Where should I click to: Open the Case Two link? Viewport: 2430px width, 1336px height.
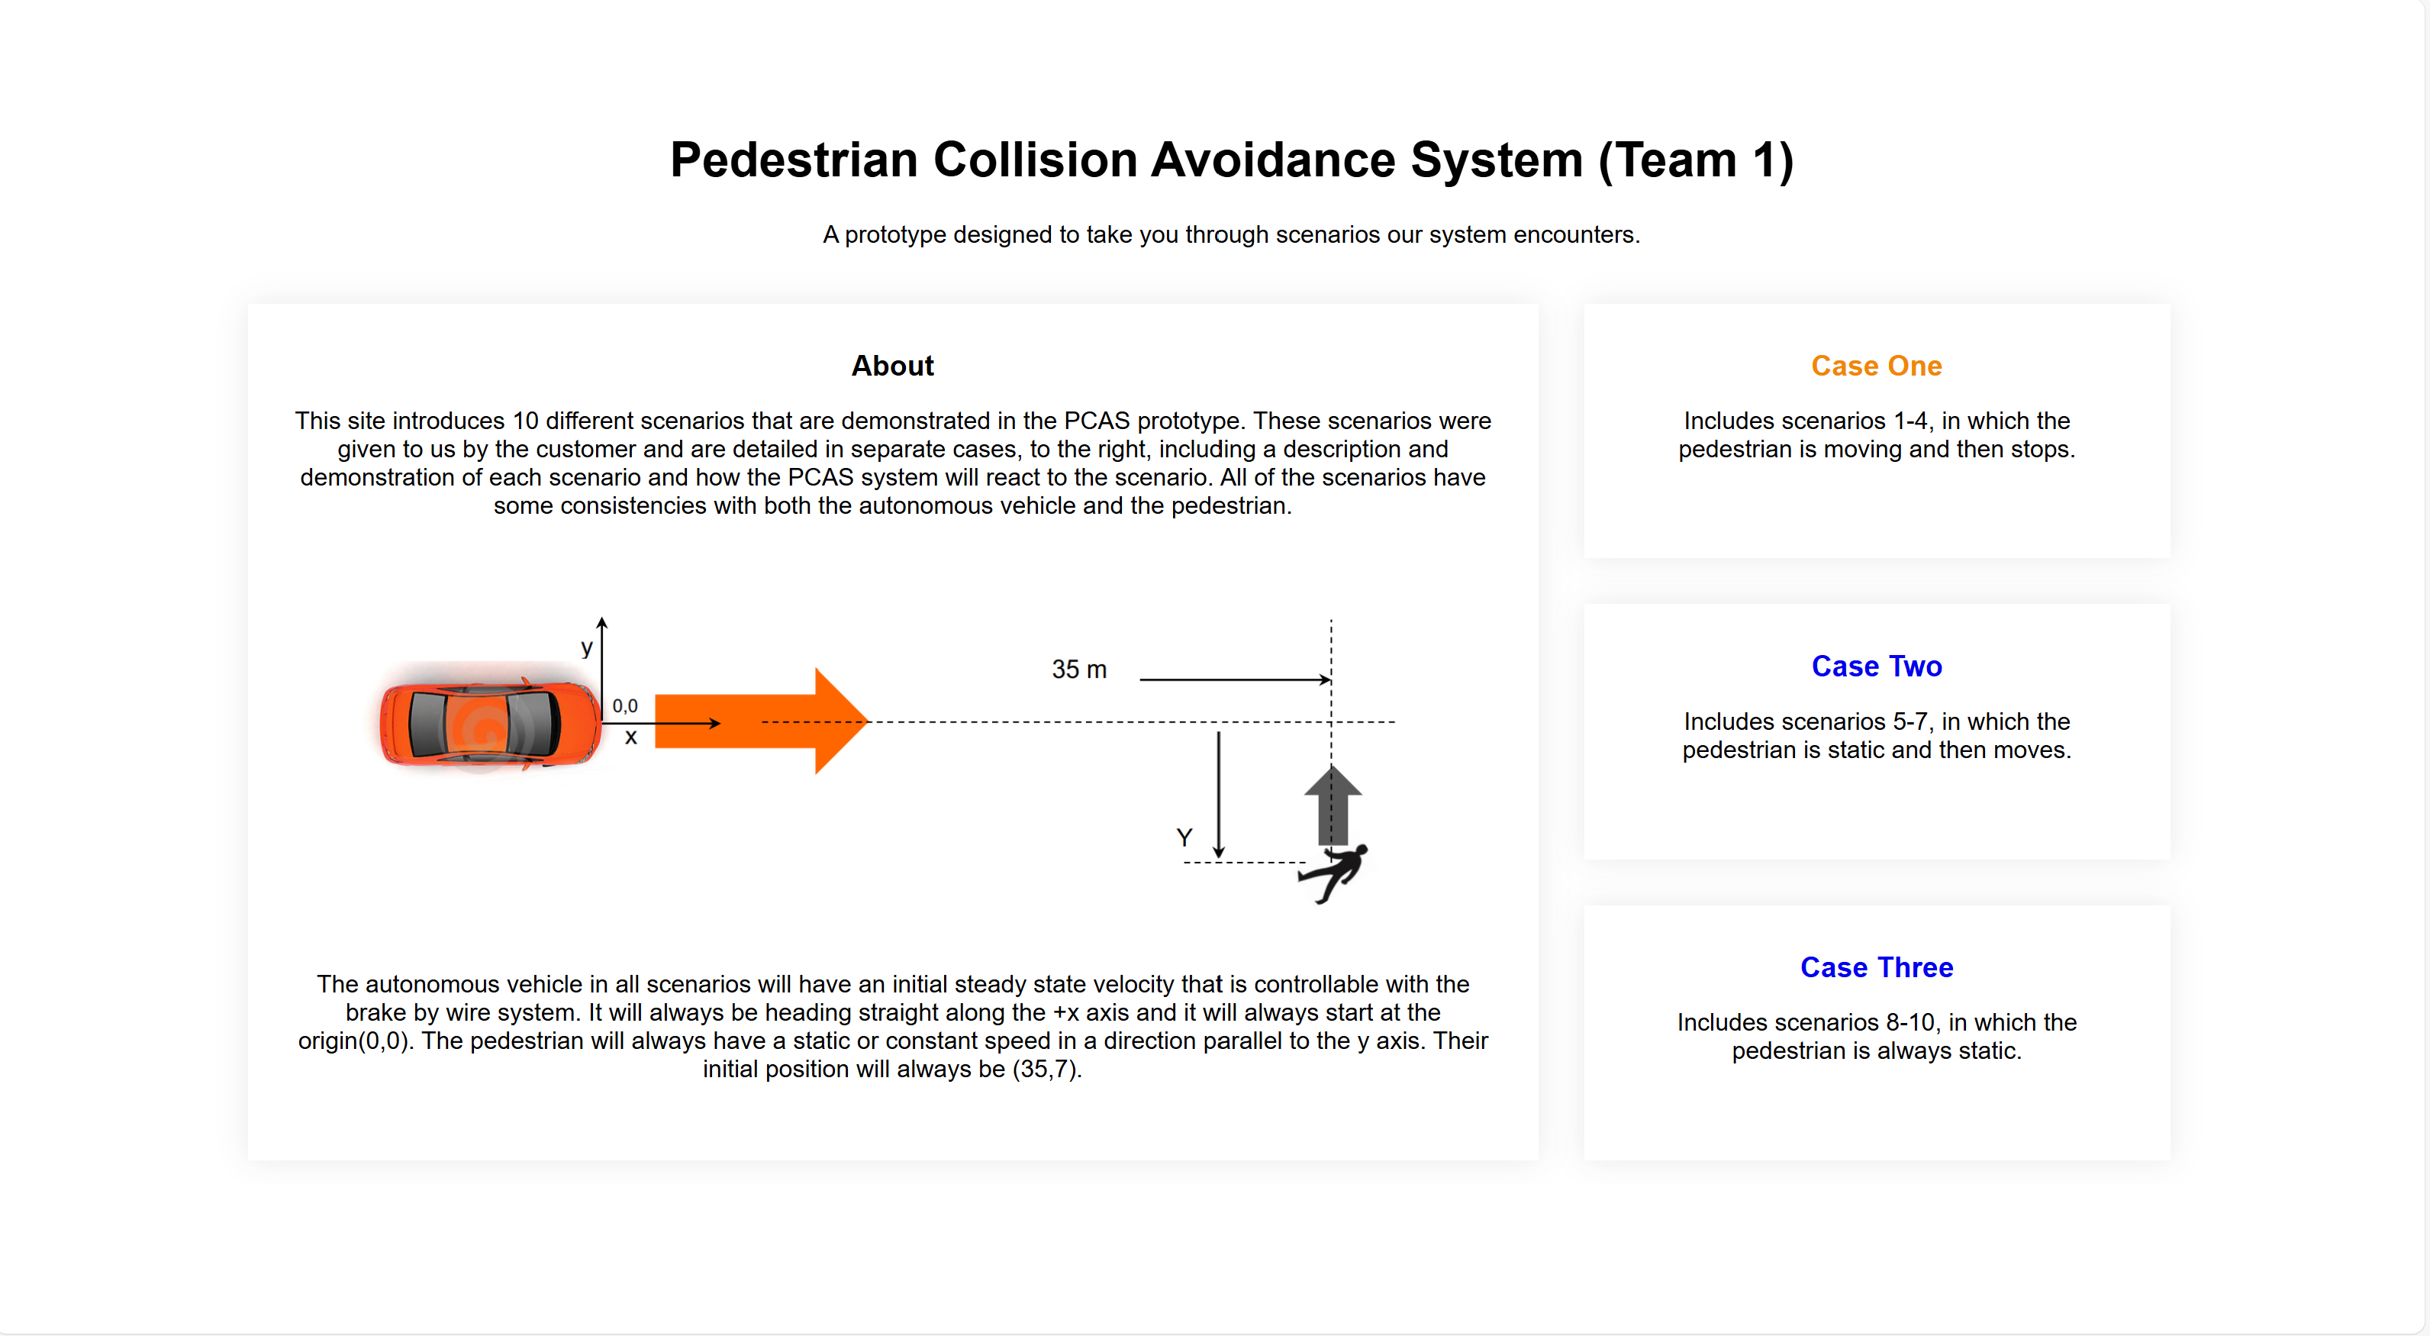pyautogui.click(x=1875, y=666)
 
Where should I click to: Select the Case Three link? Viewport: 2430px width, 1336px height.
pyautogui.click(x=1875, y=967)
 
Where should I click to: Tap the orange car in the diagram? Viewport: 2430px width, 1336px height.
pyautogui.click(x=488, y=724)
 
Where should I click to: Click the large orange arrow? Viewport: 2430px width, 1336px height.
pyautogui.click(x=759, y=721)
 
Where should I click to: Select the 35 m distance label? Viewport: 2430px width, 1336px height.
pyautogui.click(x=1078, y=670)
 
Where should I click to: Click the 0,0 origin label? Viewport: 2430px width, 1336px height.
pyautogui.click(x=624, y=705)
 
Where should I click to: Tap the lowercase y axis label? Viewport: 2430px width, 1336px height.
pyautogui.click(x=587, y=647)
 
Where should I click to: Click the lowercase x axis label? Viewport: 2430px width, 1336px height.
pyautogui.click(x=631, y=737)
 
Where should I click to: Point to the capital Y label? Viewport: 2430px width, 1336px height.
pyautogui.click(x=1184, y=837)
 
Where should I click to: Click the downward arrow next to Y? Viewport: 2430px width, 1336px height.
pyautogui.click(x=1218, y=795)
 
